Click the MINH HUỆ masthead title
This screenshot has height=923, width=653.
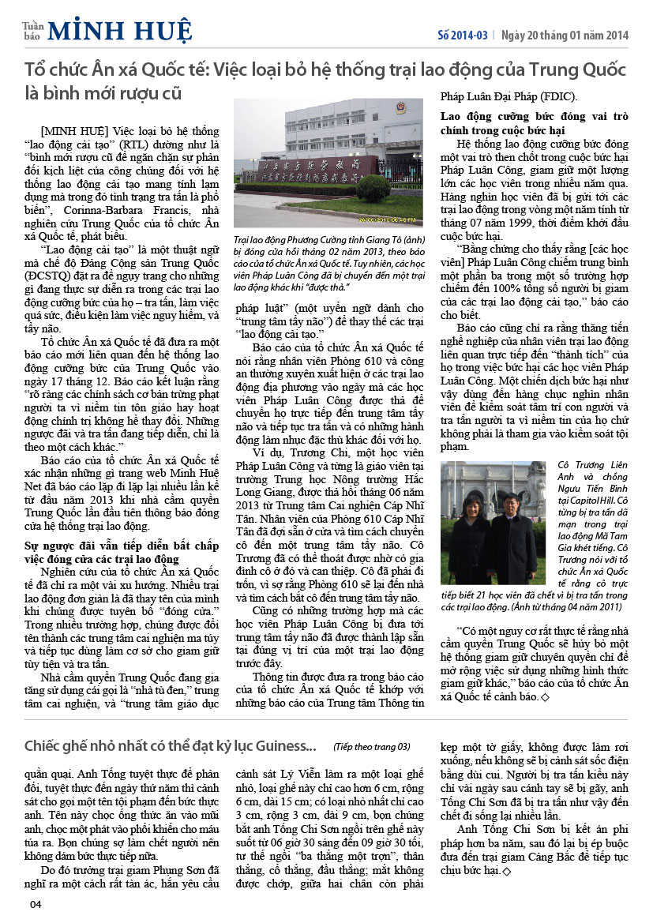(x=119, y=31)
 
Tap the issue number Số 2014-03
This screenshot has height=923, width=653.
(x=463, y=35)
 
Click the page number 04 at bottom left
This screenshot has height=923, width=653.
(x=36, y=904)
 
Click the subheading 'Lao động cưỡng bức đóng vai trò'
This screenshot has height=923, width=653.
(x=534, y=117)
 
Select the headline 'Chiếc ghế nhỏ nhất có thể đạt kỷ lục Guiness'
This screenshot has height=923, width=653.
(x=170, y=745)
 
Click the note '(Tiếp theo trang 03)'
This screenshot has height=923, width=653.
(x=372, y=746)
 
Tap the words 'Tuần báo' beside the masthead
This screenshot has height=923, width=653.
(x=32, y=31)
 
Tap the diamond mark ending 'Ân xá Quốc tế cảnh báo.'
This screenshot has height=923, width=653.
(x=545, y=698)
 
